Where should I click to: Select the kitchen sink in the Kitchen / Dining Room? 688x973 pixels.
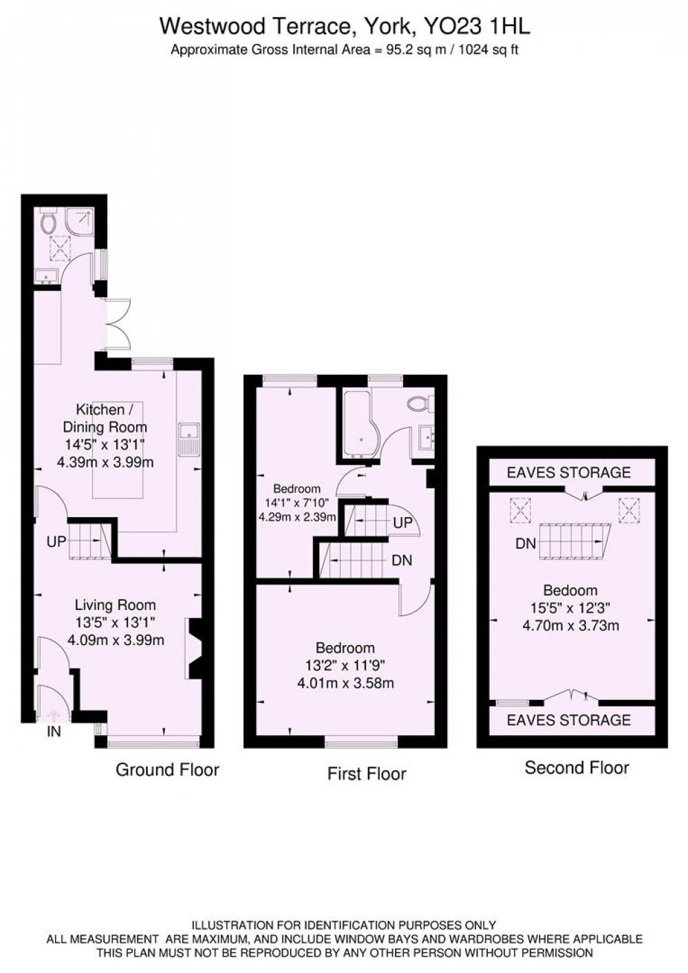(189, 439)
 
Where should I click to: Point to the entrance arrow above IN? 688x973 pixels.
(54, 715)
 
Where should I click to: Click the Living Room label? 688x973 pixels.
(115, 604)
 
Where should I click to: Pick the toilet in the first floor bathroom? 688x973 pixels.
(420, 404)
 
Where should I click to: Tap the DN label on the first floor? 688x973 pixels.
(402, 560)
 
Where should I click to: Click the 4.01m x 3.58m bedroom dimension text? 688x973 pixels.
(345, 684)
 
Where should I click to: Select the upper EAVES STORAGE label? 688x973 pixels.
(568, 472)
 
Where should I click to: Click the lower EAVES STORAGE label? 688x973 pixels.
(568, 720)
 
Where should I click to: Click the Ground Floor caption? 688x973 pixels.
(167, 769)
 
